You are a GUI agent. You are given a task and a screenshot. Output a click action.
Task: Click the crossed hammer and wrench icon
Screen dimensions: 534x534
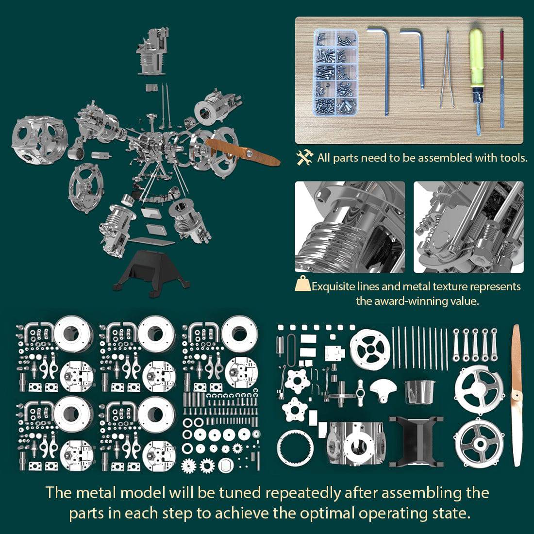[305, 157]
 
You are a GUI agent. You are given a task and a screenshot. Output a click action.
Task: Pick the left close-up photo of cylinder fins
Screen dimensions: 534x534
[350, 227]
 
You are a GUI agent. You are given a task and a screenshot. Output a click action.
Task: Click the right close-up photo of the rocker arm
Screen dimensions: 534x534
[468, 227]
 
